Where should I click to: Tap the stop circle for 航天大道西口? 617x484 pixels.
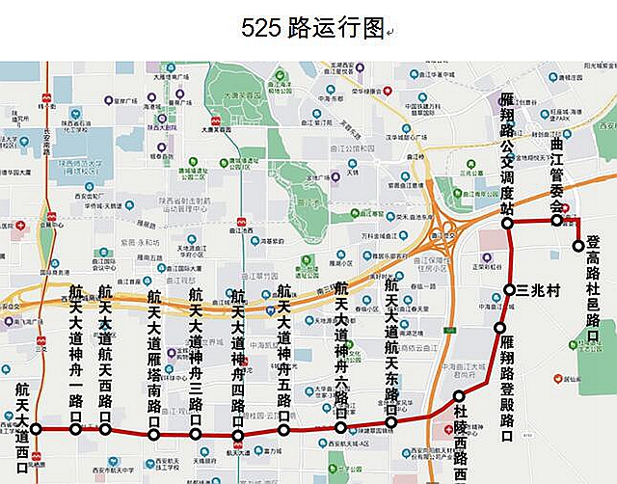tap(37, 429)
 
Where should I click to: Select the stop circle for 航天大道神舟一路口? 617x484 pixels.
tap(76, 430)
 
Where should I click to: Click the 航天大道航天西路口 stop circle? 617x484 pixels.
tap(105, 430)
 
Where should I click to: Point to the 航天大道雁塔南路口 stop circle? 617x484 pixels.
tap(154, 435)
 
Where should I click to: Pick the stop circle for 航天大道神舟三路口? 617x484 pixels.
tap(196, 434)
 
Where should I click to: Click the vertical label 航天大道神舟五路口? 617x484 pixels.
tap(283, 352)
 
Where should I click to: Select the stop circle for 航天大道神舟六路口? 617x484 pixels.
tap(340, 427)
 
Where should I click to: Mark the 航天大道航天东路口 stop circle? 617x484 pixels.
tap(391, 421)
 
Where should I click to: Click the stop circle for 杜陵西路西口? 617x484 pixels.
tap(459, 395)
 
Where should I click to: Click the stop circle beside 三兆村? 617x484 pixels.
tap(510, 290)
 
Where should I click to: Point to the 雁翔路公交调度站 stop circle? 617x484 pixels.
tap(508, 223)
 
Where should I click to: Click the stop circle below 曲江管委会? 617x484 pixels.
tap(556, 220)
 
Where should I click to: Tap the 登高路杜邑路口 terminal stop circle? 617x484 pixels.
tap(578, 245)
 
